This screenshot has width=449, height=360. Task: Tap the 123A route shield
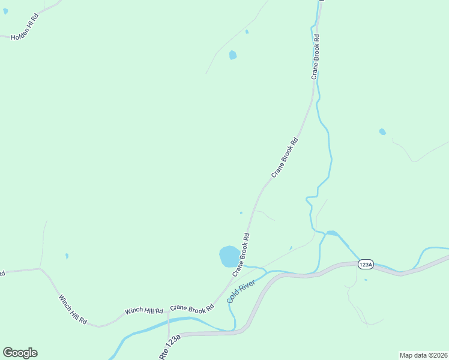pos(366,264)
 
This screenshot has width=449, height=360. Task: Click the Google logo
pos(20,353)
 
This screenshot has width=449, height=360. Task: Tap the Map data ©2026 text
pos(423,355)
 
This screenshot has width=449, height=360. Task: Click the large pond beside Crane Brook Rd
pos(229,256)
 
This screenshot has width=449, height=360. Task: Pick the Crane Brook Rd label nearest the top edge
pos(315,57)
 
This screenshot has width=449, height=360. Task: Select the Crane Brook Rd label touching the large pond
pos(241,254)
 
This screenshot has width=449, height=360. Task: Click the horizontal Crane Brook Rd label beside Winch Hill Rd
pos(191,308)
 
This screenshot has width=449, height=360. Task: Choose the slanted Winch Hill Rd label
pos(73,310)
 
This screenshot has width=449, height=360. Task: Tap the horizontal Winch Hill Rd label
pos(144,311)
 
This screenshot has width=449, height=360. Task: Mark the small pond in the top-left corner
pos(5,11)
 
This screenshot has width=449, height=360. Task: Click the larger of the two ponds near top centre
pos(232,55)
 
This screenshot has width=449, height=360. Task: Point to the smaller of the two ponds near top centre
pos(247,31)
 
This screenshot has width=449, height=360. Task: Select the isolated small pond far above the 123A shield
pos(382,132)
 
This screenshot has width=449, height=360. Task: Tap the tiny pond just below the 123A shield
pos(366,280)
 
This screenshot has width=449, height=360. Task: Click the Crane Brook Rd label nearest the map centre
pos(285,158)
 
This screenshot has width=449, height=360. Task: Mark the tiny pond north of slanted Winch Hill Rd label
pos(67,256)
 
